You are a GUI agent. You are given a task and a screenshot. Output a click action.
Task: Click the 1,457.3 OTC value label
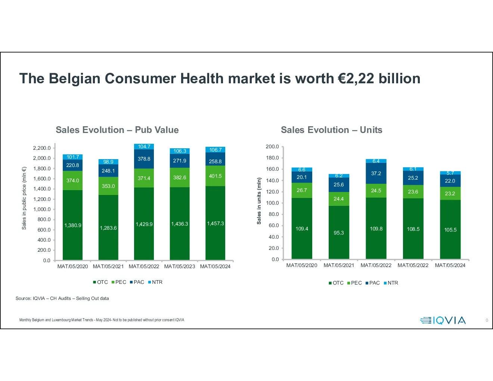[215, 223]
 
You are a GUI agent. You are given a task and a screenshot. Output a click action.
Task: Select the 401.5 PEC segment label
[215, 176]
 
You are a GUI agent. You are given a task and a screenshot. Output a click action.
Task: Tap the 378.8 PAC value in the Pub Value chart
[144, 159]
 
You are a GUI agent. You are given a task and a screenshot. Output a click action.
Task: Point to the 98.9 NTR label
[108, 162]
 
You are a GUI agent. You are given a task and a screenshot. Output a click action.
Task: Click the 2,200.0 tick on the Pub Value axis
[42, 148]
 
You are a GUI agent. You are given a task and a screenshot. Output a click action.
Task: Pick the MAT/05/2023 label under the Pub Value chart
[179, 266]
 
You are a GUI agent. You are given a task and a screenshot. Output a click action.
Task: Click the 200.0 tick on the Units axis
[272, 146]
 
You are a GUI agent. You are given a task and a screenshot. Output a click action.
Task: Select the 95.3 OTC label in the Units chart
[339, 233]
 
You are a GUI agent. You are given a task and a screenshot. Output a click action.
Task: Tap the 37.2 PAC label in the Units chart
[376, 173]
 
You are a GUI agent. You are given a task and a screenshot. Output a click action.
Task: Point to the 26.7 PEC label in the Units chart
[302, 190]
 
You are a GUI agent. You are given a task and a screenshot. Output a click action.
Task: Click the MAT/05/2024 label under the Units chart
[450, 265]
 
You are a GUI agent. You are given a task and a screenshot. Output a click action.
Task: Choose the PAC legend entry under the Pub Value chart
[137, 282]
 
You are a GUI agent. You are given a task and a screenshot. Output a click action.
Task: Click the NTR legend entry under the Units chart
[391, 283]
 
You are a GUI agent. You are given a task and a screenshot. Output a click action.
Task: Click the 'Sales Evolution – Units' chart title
[331, 130]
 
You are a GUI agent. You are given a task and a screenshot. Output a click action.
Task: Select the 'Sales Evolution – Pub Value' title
[117, 130]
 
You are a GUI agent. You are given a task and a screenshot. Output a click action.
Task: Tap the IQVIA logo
[443, 320]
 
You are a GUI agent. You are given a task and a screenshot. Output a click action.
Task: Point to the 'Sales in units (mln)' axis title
[259, 201]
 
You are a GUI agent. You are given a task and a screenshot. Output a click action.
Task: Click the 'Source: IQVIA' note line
[62, 298]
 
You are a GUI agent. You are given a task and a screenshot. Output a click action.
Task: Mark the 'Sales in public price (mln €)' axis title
[24, 198]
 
